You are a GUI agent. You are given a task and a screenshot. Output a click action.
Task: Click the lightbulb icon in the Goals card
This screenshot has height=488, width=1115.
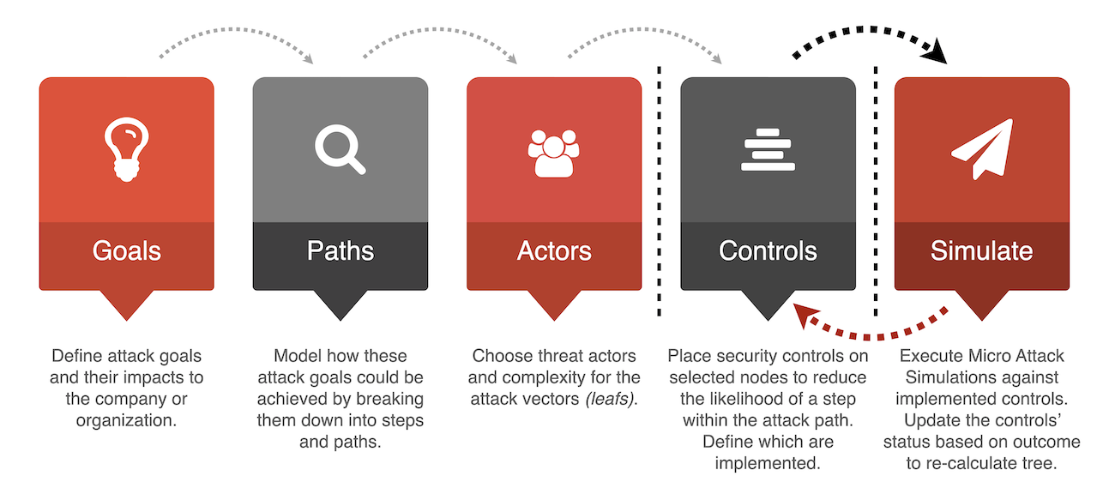pyautogui.click(x=126, y=149)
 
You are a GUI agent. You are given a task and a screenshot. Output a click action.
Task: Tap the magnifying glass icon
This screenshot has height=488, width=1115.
pyautogui.click(x=340, y=149)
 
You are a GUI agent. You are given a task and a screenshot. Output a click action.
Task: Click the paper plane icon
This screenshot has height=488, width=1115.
pyautogui.click(x=982, y=148)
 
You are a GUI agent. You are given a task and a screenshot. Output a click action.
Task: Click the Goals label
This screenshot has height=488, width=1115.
pyautogui.click(x=126, y=250)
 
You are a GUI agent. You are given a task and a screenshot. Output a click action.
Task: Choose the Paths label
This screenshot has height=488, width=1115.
pyautogui.click(x=340, y=250)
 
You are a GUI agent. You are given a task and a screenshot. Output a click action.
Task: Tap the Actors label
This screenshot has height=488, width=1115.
pyautogui.click(x=554, y=250)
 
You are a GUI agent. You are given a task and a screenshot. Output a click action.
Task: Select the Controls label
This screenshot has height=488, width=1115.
pyautogui.click(x=768, y=250)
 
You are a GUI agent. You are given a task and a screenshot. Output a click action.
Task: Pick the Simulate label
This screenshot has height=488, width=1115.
pyautogui.click(x=982, y=250)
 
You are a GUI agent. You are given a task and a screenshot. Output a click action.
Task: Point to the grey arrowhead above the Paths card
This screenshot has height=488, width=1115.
pyautogui.click(x=309, y=58)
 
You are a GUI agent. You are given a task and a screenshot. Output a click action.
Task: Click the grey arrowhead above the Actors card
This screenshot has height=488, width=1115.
pyautogui.click(x=513, y=58)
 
